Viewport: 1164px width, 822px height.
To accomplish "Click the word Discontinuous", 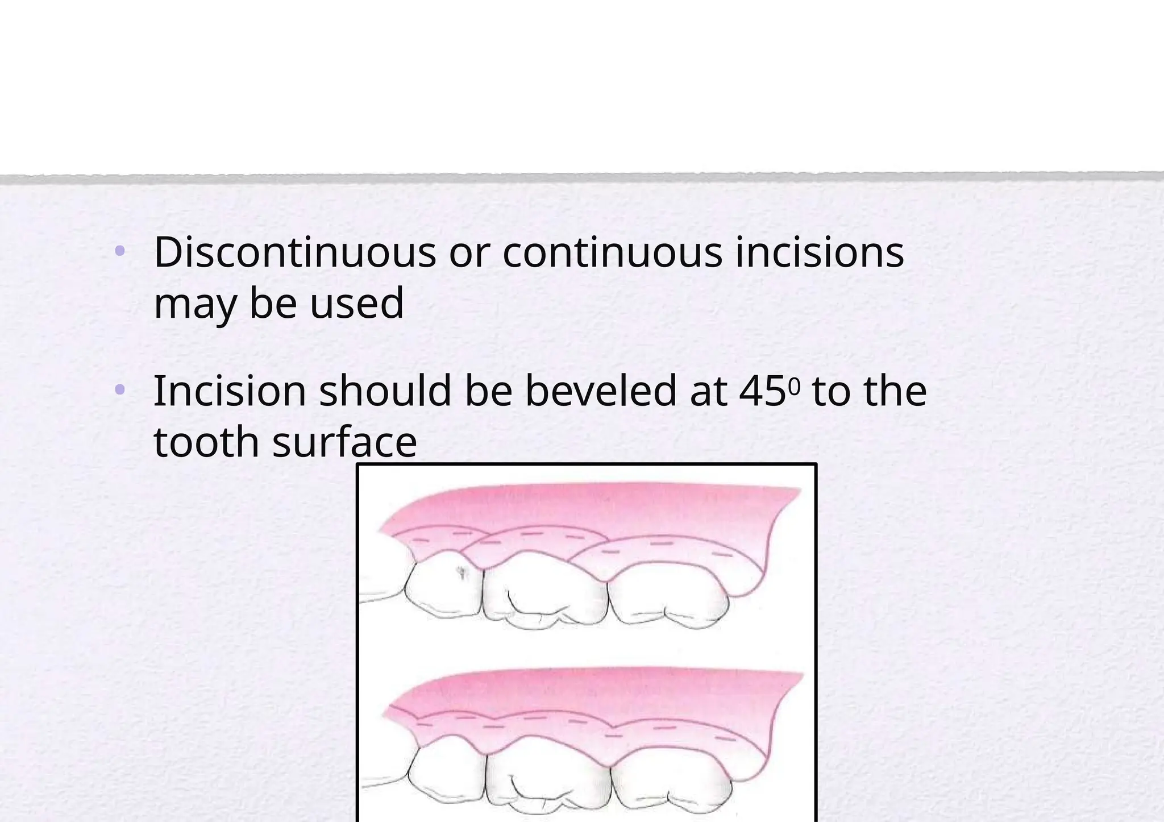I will point(294,252).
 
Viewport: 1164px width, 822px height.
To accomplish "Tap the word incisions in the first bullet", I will point(820,252).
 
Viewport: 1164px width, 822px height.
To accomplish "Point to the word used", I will point(356,303).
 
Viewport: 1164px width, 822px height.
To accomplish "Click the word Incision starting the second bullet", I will point(230,391).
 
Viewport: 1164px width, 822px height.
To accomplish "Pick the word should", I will point(385,391).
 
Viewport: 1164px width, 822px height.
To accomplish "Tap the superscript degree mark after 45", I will point(794,387).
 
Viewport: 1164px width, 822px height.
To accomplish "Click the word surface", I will point(344,442).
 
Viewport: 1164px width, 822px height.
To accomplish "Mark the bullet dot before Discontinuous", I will point(119,251).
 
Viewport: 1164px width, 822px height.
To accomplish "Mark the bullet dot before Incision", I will point(119,390).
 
